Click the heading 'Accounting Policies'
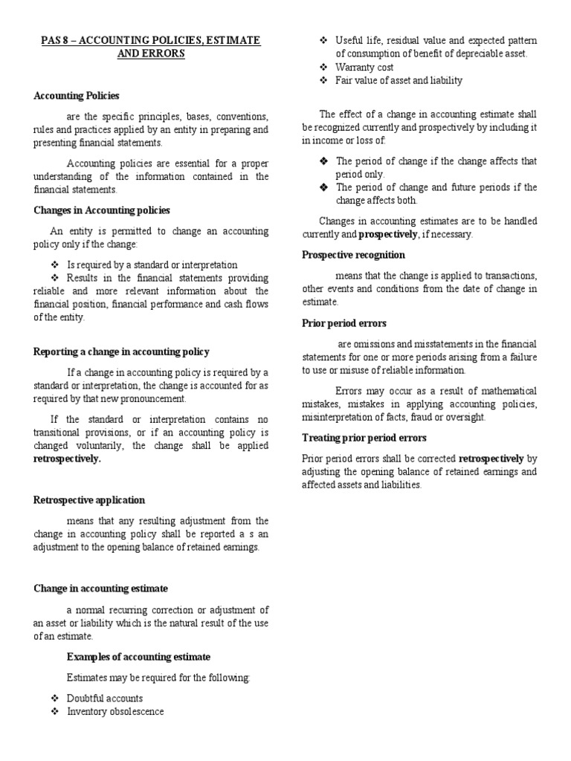77,96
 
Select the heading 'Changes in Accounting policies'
102,211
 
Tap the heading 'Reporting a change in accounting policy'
121,352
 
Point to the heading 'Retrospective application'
89,500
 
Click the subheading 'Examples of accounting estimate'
138,657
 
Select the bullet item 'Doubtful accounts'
105,699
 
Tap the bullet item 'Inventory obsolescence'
115,712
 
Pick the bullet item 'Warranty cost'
364,67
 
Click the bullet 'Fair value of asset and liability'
399,80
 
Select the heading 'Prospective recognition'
353,255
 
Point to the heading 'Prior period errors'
344,323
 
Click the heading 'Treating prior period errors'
364,438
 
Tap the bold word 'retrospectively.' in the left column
67,459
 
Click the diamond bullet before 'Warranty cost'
323,67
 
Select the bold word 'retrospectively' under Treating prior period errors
491,459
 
